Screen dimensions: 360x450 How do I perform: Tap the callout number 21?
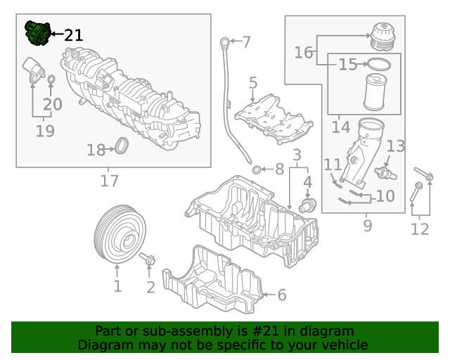[73, 35]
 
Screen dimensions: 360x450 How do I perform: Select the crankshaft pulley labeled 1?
[117, 235]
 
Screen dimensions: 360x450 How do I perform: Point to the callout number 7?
[246, 42]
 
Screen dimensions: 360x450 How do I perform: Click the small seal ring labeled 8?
[257, 169]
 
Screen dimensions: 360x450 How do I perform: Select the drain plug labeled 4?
[307, 206]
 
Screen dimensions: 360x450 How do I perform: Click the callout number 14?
[340, 127]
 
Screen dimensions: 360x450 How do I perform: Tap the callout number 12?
[419, 229]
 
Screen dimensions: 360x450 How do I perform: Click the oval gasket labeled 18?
[122, 147]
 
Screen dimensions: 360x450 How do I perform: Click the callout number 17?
[109, 181]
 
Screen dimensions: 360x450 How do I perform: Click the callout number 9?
[368, 226]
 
